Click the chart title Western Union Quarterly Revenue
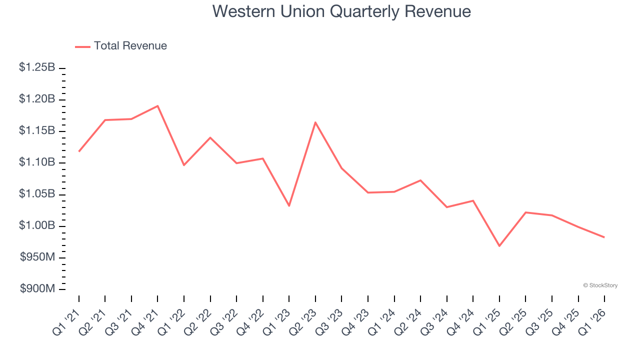point(341,11)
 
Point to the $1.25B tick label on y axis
point(37,67)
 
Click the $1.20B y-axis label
point(37,99)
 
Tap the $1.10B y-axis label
point(37,162)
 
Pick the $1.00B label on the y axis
point(37,226)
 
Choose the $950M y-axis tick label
point(37,257)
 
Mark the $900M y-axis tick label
point(37,289)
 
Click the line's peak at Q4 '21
point(157,106)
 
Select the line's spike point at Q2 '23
point(315,122)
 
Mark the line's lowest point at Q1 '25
point(499,245)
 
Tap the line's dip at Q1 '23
point(289,205)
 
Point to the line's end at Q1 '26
point(604,237)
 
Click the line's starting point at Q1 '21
point(79,151)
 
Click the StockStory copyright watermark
point(600,285)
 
